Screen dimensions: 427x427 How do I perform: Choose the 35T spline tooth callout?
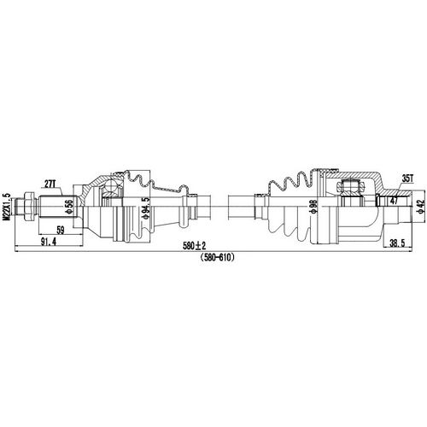click(x=407, y=178)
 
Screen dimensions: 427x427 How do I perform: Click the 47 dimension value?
click(x=394, y=202)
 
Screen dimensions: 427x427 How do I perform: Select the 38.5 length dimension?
click(x=395, y=243)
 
